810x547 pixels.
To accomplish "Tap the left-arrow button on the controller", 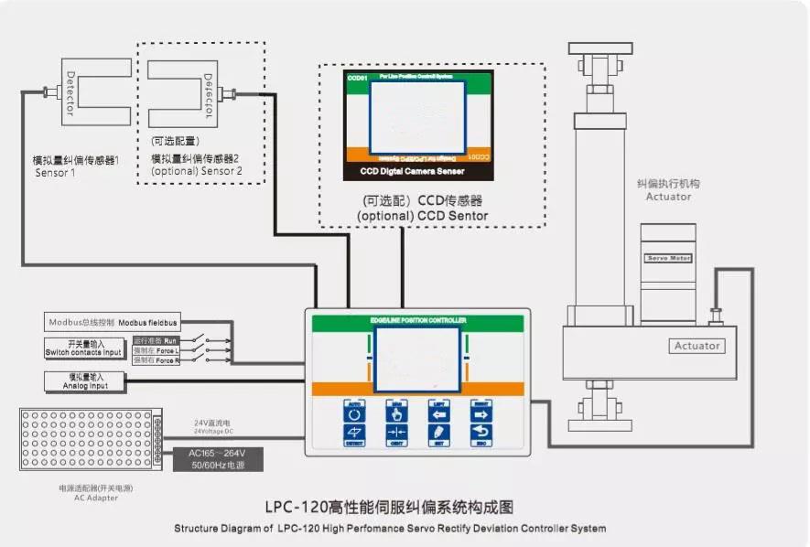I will point(439,410).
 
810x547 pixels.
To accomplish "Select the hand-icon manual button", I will point(396,410).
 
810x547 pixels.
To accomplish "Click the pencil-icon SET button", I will point(439,434).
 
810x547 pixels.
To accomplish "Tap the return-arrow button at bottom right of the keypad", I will point(481,434).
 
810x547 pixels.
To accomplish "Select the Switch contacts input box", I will point(83,349).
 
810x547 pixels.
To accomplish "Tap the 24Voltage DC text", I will point(214,431).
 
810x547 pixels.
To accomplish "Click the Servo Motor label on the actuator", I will point(668,259).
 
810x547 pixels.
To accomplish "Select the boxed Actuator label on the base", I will point(697,346).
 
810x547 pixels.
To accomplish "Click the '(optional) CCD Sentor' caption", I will point(422,216).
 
